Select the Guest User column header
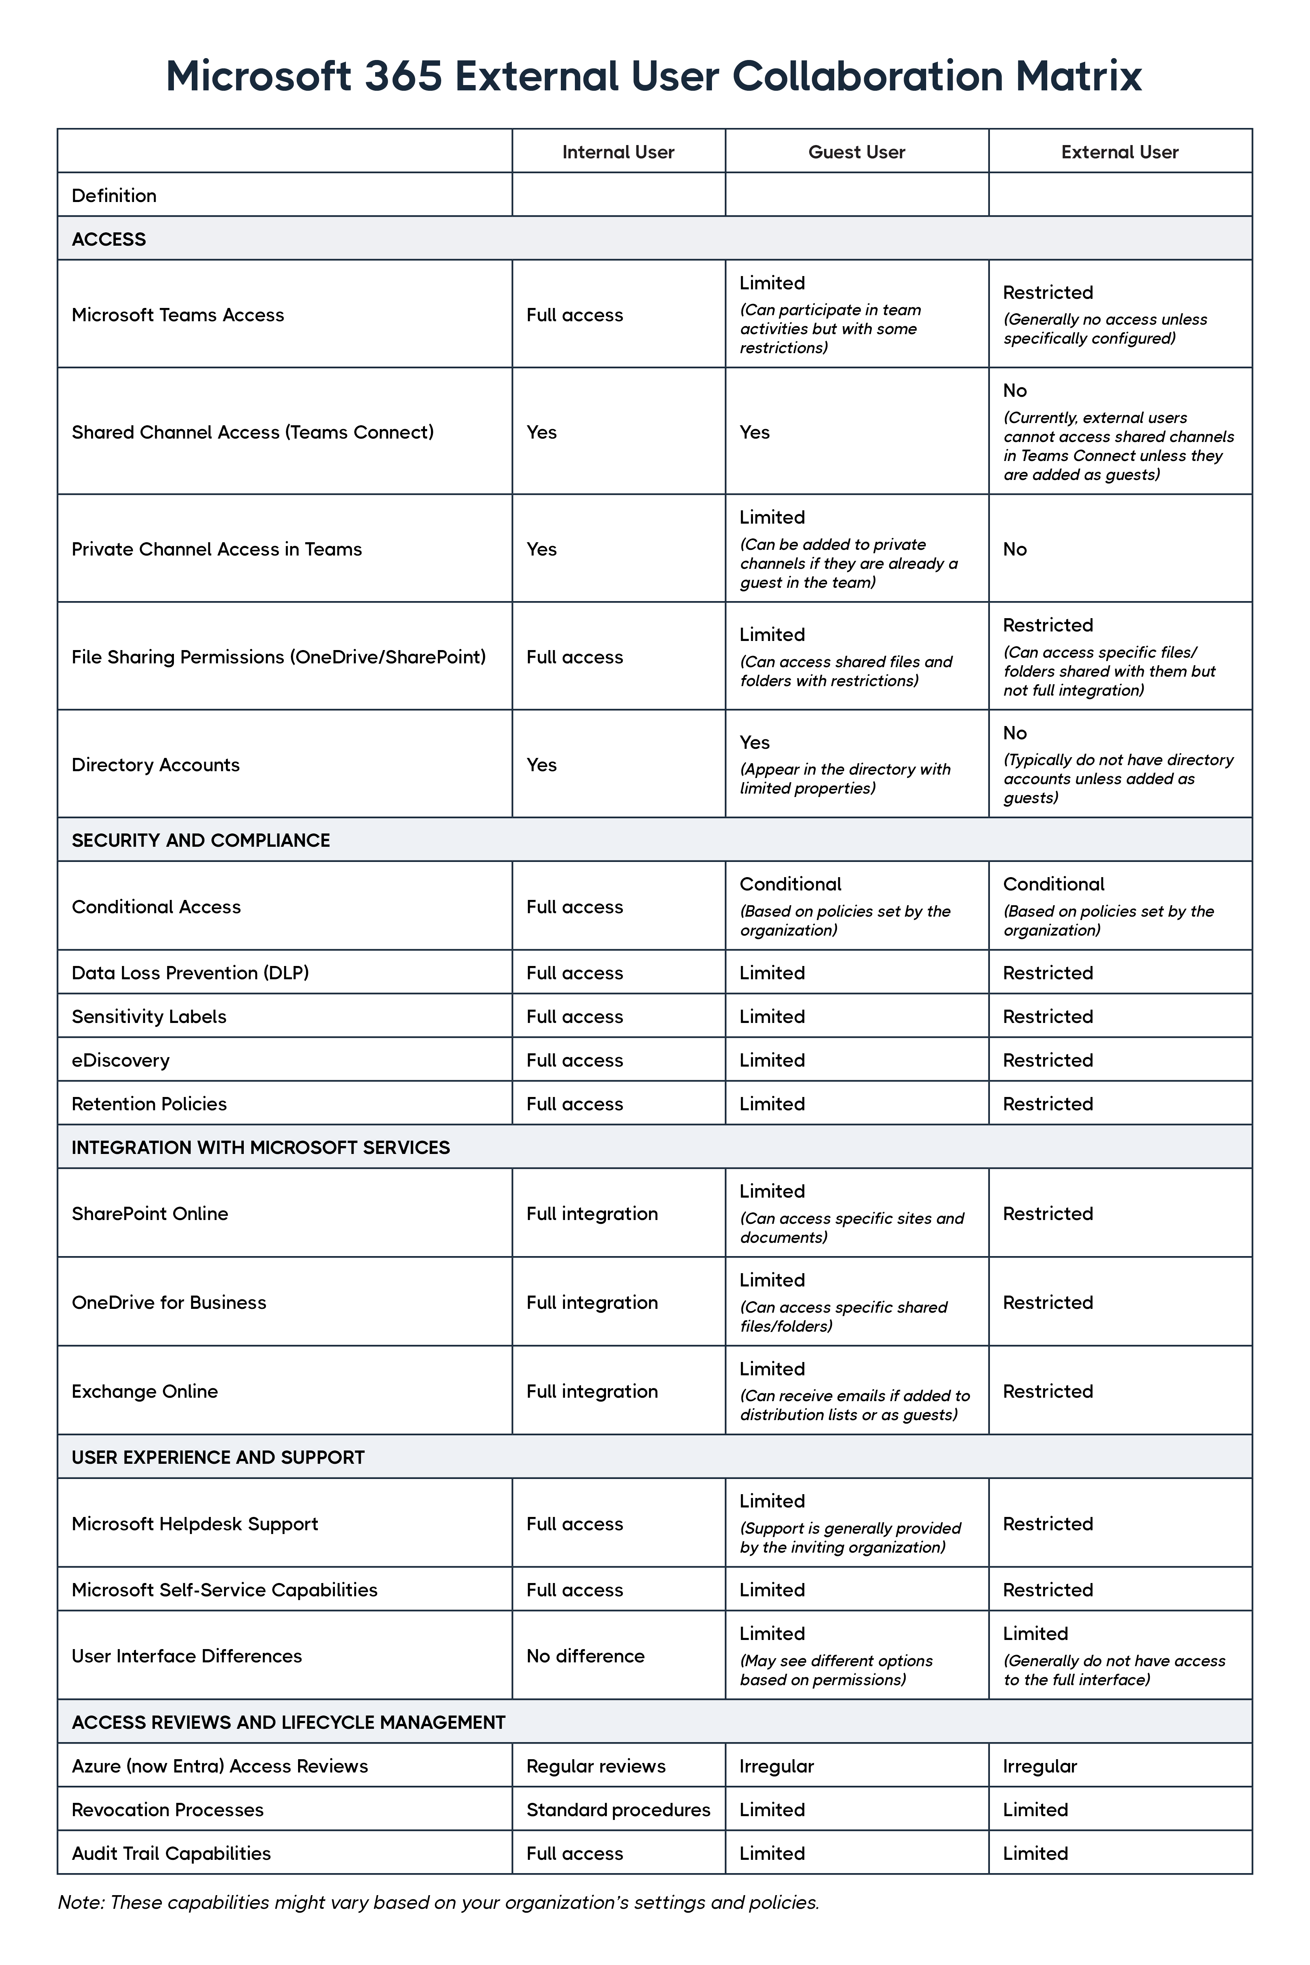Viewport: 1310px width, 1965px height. pyautogui.click(x=856, y=152)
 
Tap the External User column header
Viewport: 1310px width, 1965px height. pyautogui.click(x=1119, y=152)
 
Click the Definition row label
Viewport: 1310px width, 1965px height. pyautogui.click(x=114, y=196)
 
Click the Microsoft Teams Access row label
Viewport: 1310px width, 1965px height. pyautogui.click(x=178, y=315)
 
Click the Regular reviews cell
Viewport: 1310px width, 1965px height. pyautogui.click(x=596, y=1766)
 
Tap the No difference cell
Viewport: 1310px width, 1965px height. pyautogui.click(x=585, y=1656)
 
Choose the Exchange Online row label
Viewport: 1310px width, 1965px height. pyautogui.click(x=145, y=1391)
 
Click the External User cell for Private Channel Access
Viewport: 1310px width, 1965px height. pyautogui.click(x=1015, y=549)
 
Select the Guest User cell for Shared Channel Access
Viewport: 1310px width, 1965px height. pyautogui.click(x=754, y=432)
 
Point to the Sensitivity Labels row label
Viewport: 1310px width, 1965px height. pyautogui.click(x=149, y=1017)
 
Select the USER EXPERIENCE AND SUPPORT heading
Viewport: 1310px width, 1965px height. pyautogui.click(x=218, y=1457)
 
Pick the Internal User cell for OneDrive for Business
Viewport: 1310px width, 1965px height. pyautogui.click(x=592, y=1302)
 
